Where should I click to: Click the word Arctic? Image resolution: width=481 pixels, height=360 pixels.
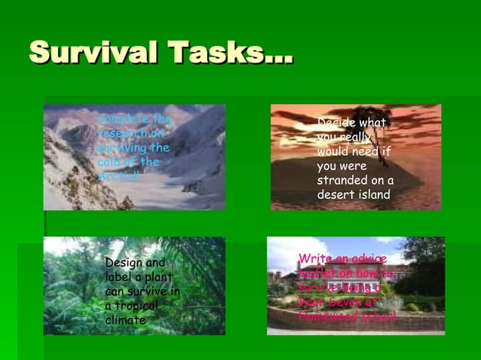pos(118,176)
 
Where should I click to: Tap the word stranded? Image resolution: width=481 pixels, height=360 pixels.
pos(345,181)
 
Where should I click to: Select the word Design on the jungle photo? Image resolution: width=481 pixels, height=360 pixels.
pos(124,263)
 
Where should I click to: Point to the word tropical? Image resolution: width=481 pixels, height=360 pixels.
pos(131,306)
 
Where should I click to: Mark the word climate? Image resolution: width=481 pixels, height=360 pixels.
pos(125,320)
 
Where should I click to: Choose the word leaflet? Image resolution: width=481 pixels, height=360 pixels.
pos(317,273)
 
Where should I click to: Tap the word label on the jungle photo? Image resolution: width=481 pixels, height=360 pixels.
pos(119,277)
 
